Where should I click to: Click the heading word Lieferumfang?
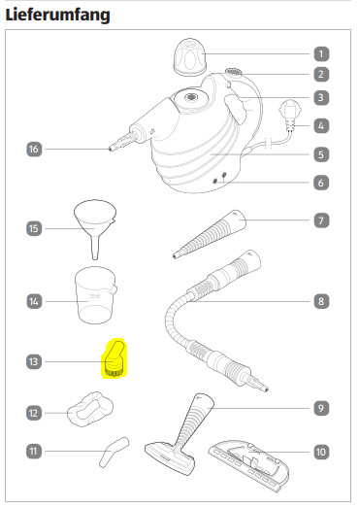point(57,15)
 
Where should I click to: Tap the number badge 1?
point(321,53)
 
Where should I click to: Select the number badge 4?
point(321,125)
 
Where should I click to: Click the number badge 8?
point(321,301)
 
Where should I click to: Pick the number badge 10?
point(321,452)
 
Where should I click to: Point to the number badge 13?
point(34,361)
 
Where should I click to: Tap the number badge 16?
point(34,149)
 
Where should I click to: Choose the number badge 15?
point(34,228)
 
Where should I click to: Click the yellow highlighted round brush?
point(114,359)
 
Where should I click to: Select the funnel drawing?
point(95,226)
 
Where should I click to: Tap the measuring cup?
point(95,295)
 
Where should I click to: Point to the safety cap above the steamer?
point(190,57)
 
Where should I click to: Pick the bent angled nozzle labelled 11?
point(114,453)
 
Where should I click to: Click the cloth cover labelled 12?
point(90,409)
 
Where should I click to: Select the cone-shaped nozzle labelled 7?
point(209,234)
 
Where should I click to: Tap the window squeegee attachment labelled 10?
point(249,465)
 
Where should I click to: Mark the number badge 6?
point(321,183)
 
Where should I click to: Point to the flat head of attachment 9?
point(170,459)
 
